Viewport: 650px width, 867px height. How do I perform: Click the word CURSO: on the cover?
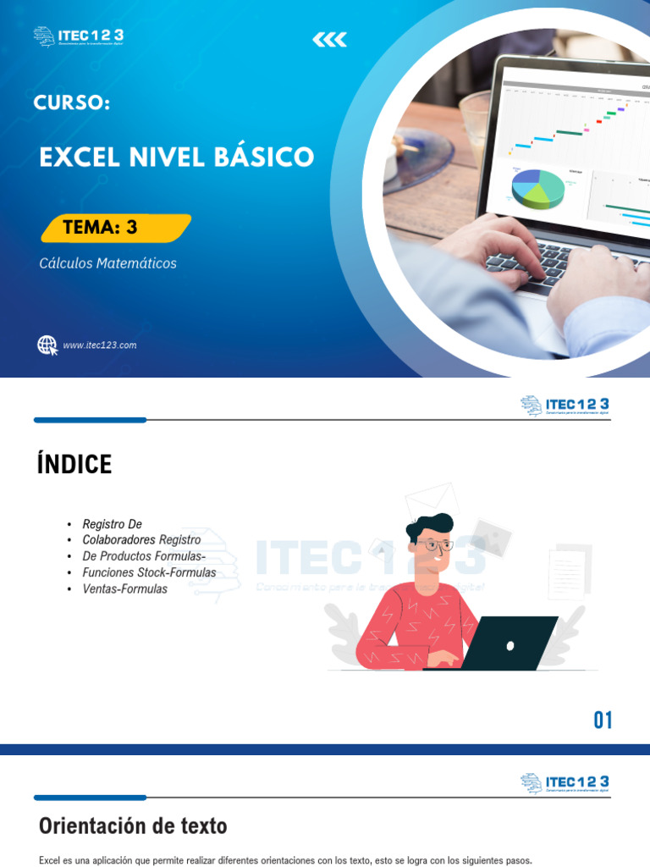(x=72, y=102)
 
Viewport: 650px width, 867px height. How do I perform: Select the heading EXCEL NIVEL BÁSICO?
(x=176, y=157)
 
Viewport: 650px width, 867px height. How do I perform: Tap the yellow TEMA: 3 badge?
(x=116, y=228)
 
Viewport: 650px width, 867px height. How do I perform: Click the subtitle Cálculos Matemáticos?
(x=107, y=263)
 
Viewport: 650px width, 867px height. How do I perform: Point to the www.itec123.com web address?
(x=99, y=345)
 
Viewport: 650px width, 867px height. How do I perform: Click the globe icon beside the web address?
(x=47, y=345)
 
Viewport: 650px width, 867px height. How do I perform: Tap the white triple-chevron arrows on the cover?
(x=329, y=40)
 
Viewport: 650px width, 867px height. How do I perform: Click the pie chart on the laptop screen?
(x=538, y=187)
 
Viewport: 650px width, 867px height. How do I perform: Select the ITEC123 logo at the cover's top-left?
(x=79, y=36)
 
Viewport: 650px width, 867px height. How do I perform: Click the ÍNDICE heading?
(x=74, y=465)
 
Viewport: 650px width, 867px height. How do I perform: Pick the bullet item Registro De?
(x=112, y=524)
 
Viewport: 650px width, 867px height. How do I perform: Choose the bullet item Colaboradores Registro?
(x=141, y=540)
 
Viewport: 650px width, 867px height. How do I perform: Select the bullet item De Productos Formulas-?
(x=144, y=556)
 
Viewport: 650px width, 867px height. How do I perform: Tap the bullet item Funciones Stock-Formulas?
(x=149, y=572)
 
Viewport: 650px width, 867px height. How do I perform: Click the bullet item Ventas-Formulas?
(x=124, y=588)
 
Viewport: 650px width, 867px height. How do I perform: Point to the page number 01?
(x=603, y=721)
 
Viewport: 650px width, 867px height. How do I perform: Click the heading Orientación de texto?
(x=133, y=826)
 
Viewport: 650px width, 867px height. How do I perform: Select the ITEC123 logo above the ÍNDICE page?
(x=565, y=406)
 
